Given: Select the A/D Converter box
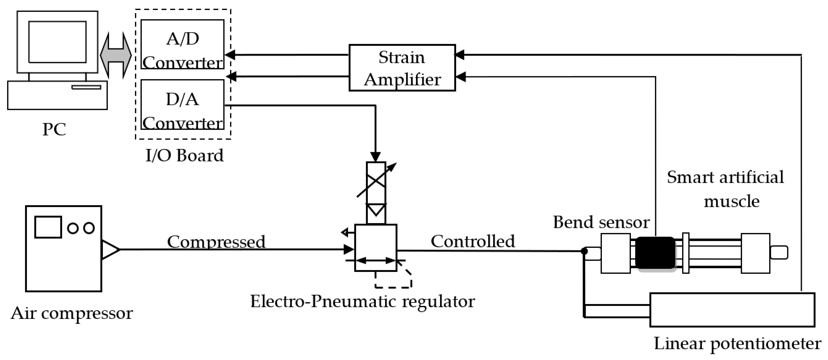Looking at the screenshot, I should coord(182,45).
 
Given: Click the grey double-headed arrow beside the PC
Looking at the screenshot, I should coord(116,55).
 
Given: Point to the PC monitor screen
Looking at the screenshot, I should coord(57,42).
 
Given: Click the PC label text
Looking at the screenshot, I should coord(54,129).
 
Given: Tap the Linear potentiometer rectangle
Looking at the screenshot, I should coord(732,309).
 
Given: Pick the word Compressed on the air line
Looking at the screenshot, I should coord(216,242).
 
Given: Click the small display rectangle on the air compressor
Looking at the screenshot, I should coord(48,227).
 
